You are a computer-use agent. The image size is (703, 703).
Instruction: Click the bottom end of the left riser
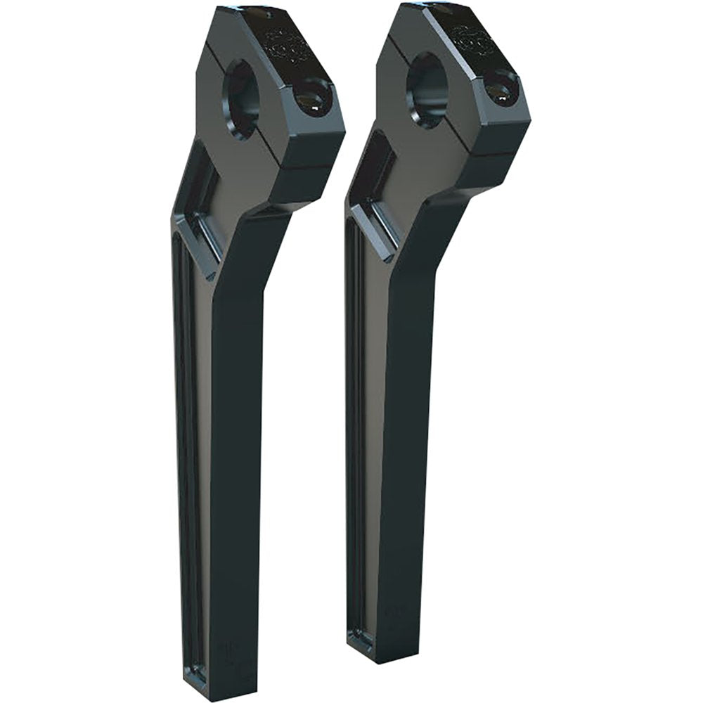211,685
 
